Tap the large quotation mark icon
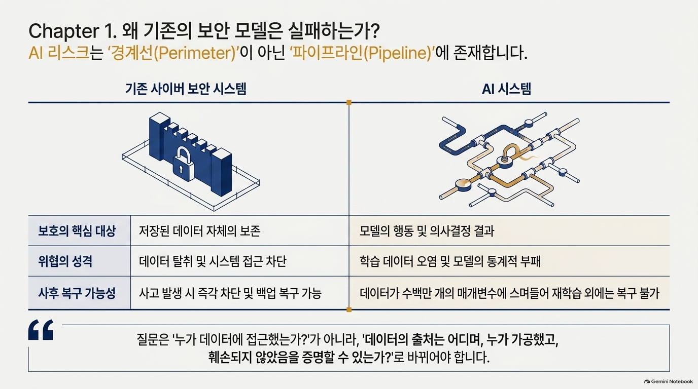click(x=41, y=329)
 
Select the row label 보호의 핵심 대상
click(x=77, y=231)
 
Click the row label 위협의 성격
click(x=65, y=261)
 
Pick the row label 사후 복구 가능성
click(x=77, y=293)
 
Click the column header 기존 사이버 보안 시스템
click(x=186, y=89)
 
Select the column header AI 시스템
click(x=506, y=89)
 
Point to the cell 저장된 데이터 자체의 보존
click(x=199, y=231)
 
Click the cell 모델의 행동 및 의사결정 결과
click(x=427, y=231)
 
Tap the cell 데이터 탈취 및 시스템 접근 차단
click(x=213, y=261)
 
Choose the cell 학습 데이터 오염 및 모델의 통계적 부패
click(x=450, y=261)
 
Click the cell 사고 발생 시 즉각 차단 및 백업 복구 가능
click(x=230, y=293)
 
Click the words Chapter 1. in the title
click(x=73, y=31)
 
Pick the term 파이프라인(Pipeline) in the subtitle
click(x=362, y=53)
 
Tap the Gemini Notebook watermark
click(x=669, y=381)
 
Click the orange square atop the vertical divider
click(x=349, y=102)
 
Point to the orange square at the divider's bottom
click(x=349, y=309)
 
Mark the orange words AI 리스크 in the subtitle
click(x=59, y=53)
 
